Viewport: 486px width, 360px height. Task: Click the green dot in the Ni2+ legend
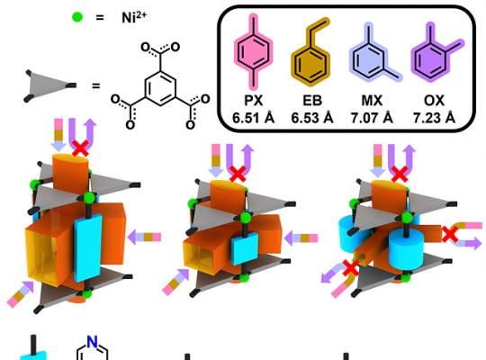click(x=77, y=17)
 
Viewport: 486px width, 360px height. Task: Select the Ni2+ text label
click(x=134, y=17)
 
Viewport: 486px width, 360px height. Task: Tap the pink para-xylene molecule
click(x=254, y=51)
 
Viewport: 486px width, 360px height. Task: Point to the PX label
click(x=254, y=101)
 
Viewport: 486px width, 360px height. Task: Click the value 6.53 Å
click(x=312, y=118)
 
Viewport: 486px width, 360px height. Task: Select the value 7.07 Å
click(x=372, y=118)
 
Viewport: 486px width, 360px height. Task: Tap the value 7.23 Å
click(x=434, y=118)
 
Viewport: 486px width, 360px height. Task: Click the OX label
click(x=434, y=101)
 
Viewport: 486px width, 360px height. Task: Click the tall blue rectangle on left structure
click(x=88, y=247)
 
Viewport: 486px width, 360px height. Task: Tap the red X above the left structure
click(x=80, y=148)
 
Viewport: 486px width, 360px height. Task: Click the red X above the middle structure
click(x=238, y=174)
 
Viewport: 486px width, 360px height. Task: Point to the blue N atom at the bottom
click(x=92, y=342)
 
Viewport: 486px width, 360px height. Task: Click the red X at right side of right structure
click(x=450, y=234)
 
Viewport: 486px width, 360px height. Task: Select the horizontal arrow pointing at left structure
click(x=144, y=238)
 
